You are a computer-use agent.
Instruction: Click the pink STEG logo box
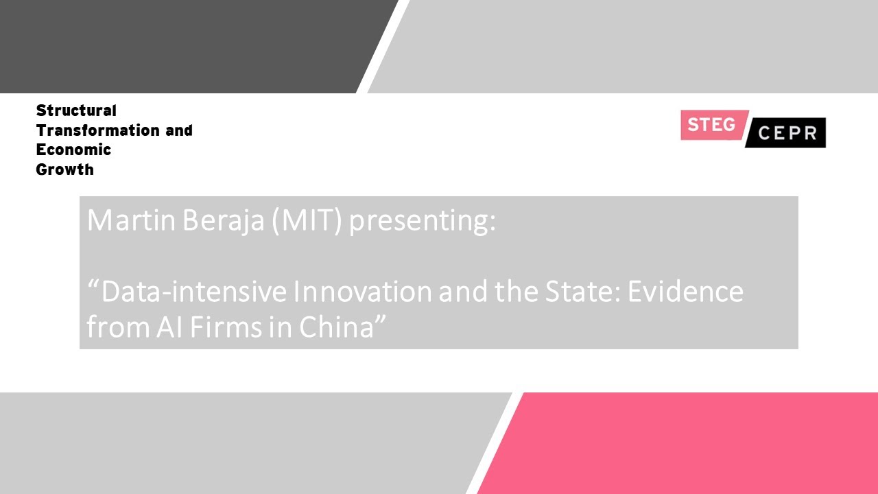click(x=712, y=125)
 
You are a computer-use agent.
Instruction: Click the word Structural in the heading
click(x=76, y=110)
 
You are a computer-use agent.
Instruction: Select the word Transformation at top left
click(x=97, y=130)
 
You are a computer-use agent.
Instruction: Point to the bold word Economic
click(x=73, y=150)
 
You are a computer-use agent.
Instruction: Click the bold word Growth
click(x=64, y=169)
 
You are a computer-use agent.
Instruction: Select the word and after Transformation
click(x=179, y=130)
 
